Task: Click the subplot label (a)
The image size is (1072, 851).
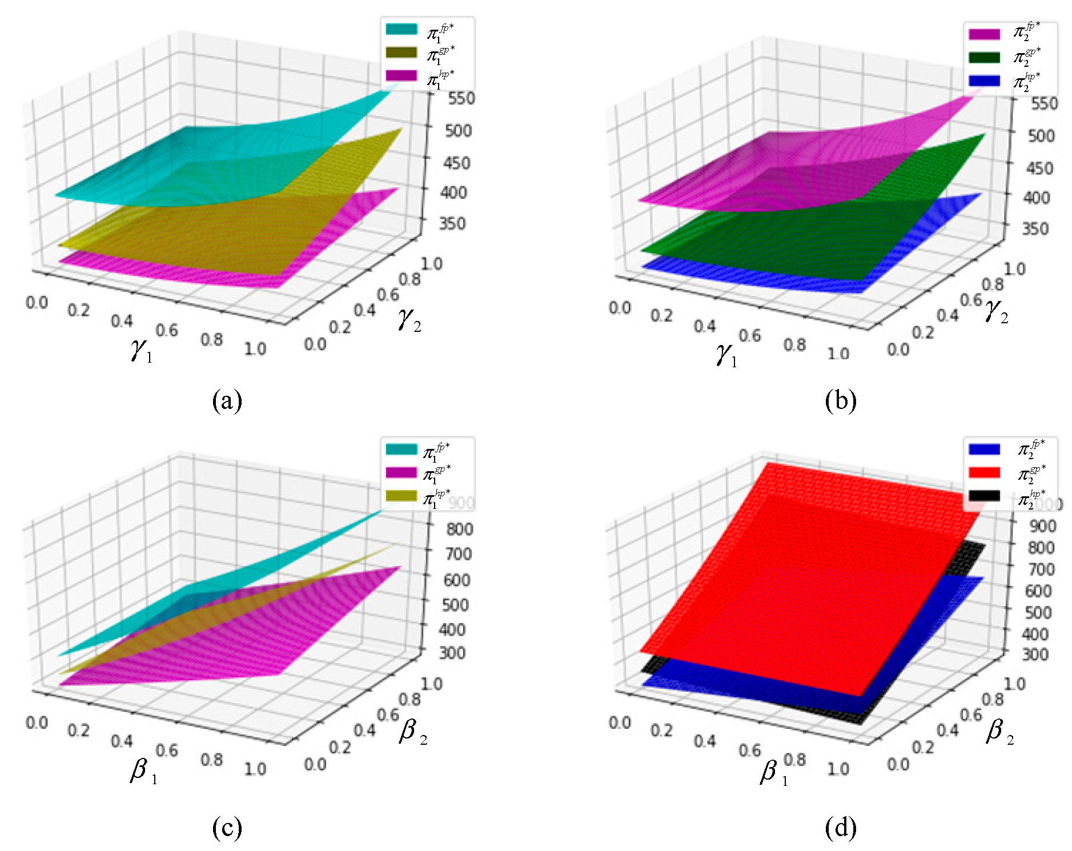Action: click(x=227, y=401)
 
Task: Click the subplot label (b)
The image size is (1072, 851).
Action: click(x=840, y=401)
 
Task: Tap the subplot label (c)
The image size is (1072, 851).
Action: click(x=227, y=828)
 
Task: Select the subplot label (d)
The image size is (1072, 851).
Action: click(x=840, y=828)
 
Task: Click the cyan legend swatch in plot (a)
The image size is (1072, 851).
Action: click(x=402, y=29)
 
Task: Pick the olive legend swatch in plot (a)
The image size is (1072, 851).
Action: click(x=402, y=53)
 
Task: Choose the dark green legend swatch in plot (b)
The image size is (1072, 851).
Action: click(x=984, y=58)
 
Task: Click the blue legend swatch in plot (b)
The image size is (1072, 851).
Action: click(x=984, y=81)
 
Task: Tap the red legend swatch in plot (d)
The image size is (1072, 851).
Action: click(x=984, y=472)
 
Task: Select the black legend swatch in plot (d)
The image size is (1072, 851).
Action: click(x=984, y=495)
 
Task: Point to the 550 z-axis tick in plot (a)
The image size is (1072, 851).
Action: click(x=461, y=98)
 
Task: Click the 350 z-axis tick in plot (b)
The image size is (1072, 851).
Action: click(x=1035, y=228)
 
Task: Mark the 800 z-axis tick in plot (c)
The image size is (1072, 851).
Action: click(x=459, y=529)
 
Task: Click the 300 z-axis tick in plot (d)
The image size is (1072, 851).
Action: click(x=1035, y=654)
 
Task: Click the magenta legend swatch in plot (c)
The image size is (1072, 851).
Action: click(x=402, y=472)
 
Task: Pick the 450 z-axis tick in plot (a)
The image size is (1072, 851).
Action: click(x=457, y=163)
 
